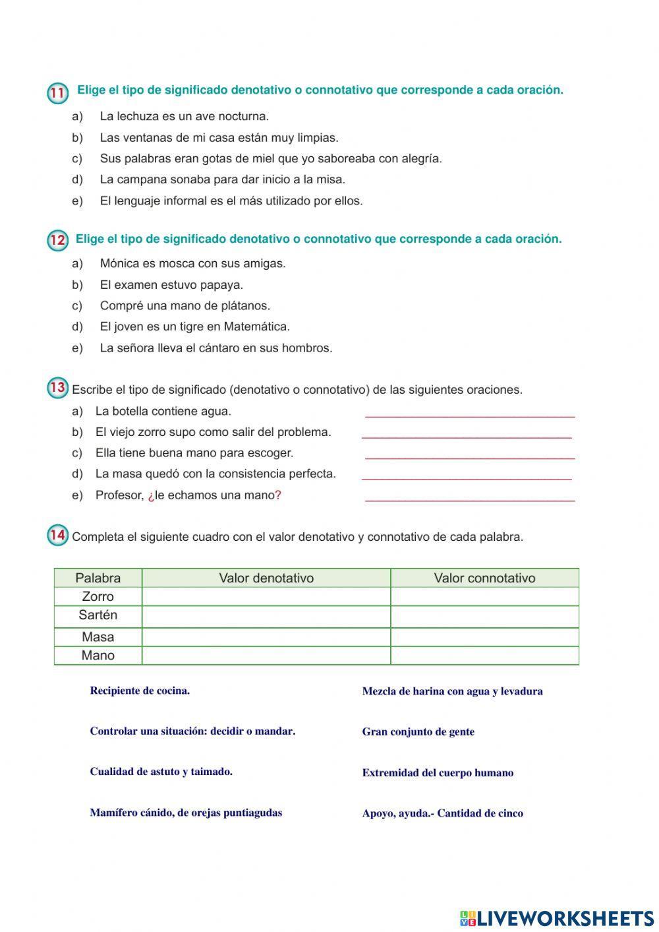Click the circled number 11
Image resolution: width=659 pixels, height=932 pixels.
coord(57,93)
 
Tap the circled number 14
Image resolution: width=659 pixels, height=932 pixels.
coord(57,535)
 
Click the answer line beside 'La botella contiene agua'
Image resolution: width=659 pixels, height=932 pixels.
coord(469,416)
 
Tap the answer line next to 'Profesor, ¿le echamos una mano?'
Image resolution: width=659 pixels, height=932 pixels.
coord(469,500)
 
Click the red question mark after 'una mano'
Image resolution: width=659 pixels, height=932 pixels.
coord(278,495)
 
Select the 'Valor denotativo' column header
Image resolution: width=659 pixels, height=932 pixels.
coord(266,578)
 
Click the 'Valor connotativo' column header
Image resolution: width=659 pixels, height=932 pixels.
coord(484,578)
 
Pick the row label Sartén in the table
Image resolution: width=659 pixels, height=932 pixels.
coord(98,615)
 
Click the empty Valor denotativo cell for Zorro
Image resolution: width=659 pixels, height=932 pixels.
coord(266,597)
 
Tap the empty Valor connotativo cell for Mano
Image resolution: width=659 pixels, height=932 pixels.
coord(484,656)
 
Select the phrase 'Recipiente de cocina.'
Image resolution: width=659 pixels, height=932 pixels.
coord(140,691)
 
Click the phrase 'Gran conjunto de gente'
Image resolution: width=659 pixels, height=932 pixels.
coord(418,732)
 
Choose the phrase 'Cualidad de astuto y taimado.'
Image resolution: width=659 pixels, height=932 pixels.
coord(161,772)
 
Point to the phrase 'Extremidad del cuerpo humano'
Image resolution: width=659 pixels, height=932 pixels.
coord(438,773)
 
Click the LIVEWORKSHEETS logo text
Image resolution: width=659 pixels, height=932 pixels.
coord(564,917)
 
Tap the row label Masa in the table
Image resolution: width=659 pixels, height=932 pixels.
coord(98,637)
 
